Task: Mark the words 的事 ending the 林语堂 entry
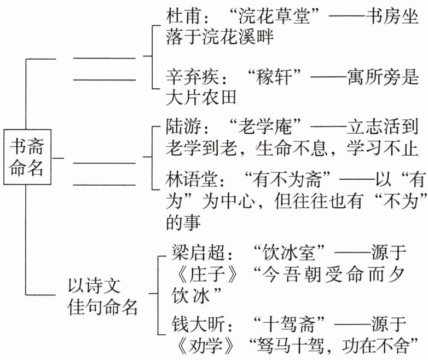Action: [183, 222]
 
